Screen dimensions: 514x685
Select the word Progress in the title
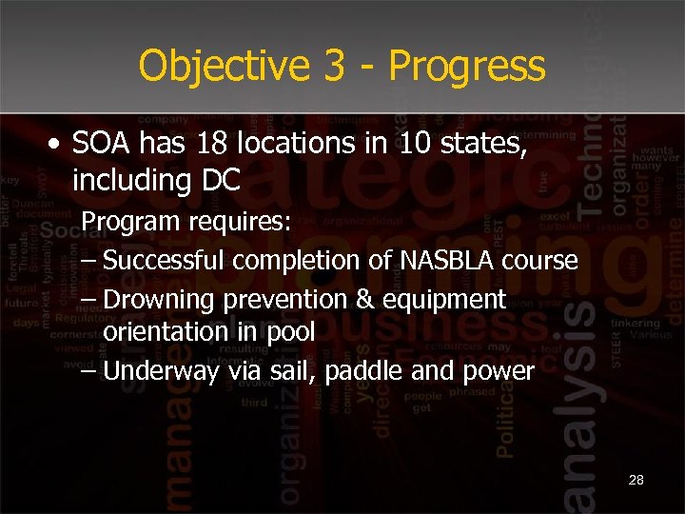click(466, 66)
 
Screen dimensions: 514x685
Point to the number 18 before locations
click(208, 145)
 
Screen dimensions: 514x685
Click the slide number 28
click(636, 480)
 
